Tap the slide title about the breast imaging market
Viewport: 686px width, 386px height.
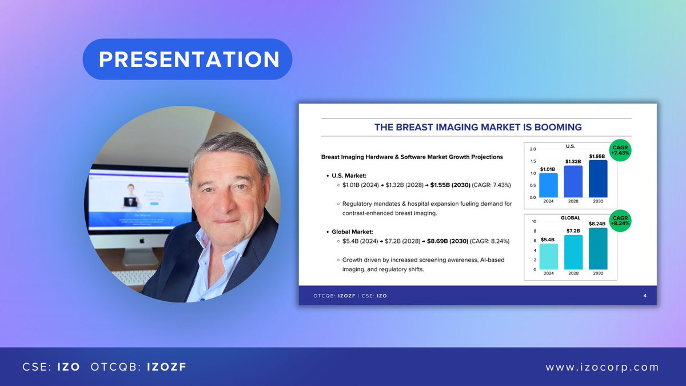(x=477, y=127)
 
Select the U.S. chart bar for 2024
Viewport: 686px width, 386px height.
(x=548, y=185)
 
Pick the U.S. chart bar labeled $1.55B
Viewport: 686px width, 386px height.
(x=597, y=178)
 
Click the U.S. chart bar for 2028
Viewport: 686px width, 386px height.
(x=573, y=181)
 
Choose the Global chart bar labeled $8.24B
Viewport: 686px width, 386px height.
(x=597, y=249)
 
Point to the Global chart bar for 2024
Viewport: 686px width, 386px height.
(x=548, y=257)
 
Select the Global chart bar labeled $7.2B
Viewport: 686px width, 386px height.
(x=573, y=252)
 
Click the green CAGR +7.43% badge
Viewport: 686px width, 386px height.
(x=620, y=150)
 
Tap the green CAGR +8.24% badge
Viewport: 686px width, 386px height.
(x=620, y=220)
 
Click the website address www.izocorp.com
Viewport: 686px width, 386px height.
(x=602, y=367)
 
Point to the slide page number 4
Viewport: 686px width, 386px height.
(x=645, y=295)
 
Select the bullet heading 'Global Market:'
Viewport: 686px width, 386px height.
(x=352, y=232)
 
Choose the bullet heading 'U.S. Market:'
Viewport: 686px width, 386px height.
(x=348, y=176)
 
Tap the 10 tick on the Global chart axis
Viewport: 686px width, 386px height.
(x=534, y=221)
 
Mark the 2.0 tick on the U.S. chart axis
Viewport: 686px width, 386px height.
(x=533, y=149)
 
